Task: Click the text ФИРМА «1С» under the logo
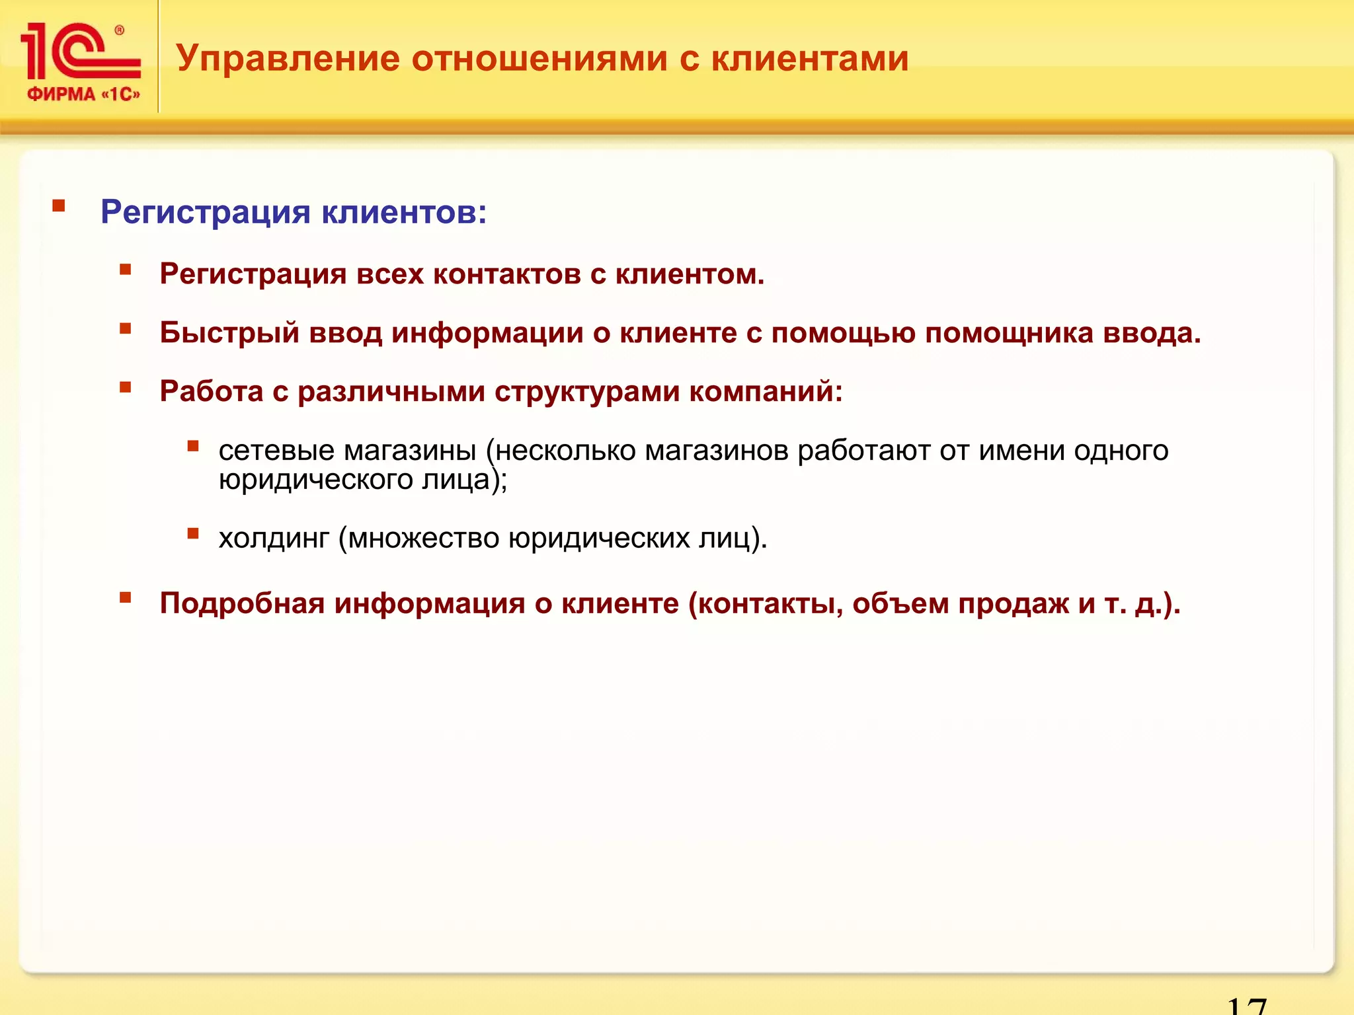tap(83, 94)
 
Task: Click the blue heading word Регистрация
tap(206, 213)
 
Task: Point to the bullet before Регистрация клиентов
tap(59, 206)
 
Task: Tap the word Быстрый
tap(229, 333)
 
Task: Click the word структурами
tap(587, 392)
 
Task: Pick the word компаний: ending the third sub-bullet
tap(766, 392)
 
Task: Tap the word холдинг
tap(274, 539)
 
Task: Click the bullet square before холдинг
tap(193, 533)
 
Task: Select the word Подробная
tap(242, 603)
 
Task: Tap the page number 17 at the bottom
tap(1246, 1006)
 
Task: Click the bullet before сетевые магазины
tap(193, 446)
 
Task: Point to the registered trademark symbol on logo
tap(120, 30)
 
